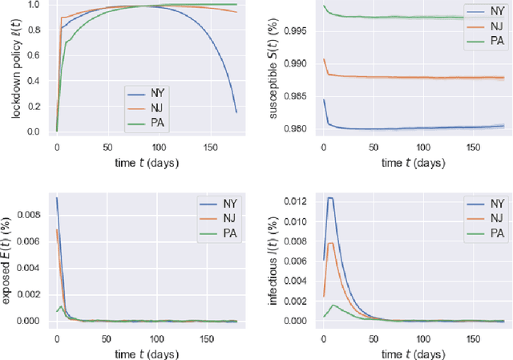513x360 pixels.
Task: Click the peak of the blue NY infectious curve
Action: [x=329, y=197]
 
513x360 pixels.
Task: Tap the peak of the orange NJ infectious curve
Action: [x=329, y=242]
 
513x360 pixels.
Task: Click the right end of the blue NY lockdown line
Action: [x=236, y=111]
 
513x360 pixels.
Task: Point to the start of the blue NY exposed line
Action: [x=56, y=198]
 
